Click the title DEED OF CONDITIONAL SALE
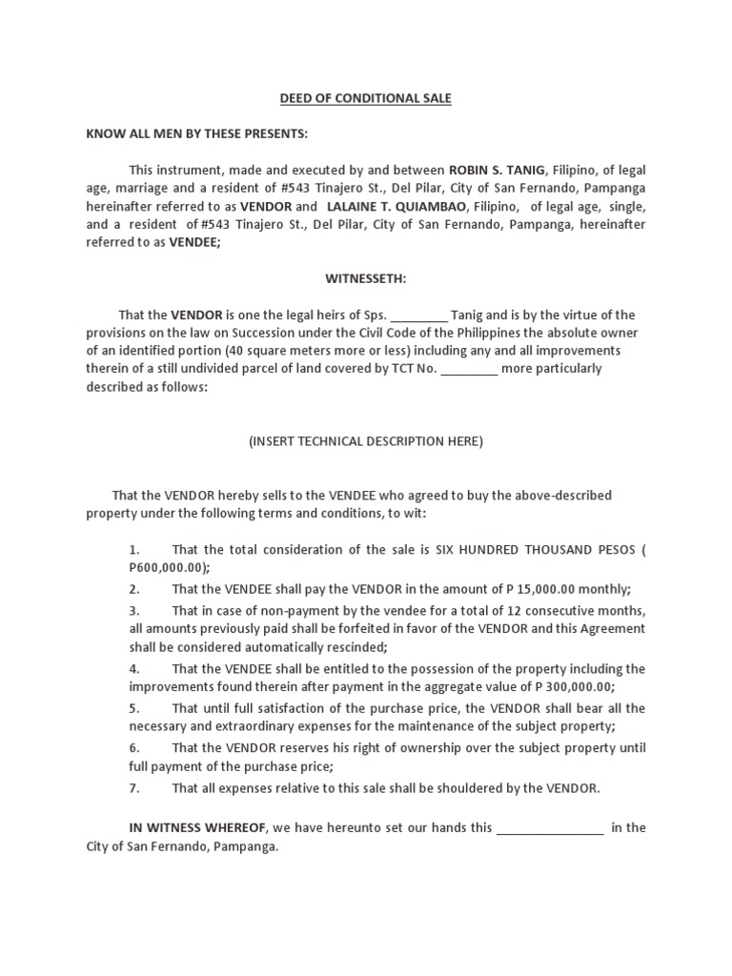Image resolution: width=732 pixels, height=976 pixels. pyautogui.click(x=365, y=98)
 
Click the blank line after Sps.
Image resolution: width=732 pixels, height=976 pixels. pyautogui.click(x=419, y=315)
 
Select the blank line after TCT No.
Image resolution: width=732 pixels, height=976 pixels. pyautogui.click(x=469, y=370)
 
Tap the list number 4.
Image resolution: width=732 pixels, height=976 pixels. pyautogui.click(x=134, y=668)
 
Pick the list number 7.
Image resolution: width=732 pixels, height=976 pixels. pyautogui.click(x=134, y=788)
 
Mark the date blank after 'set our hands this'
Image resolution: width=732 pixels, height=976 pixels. pyautogui.click(x=550, y=828)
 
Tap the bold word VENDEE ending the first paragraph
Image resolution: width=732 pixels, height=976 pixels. pyautogui.click(x=193, y=242)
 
